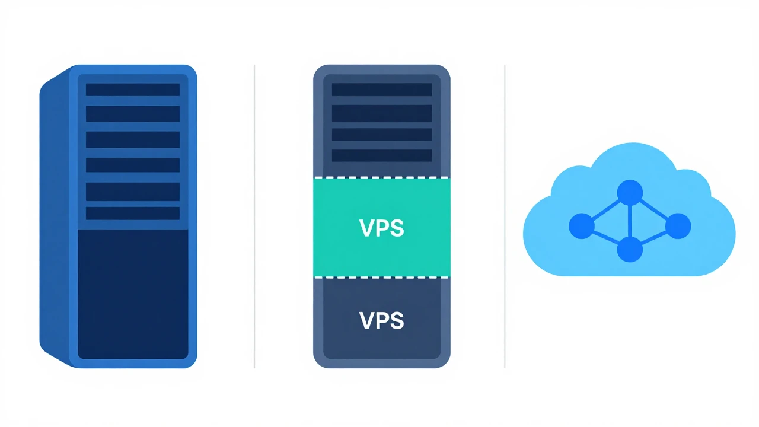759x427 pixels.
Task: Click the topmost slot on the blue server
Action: pos(133,90)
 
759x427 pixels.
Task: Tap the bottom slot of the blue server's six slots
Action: pos(133,213)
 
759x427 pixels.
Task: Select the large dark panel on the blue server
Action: pos(133,294)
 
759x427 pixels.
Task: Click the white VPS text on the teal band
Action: pos(381,228)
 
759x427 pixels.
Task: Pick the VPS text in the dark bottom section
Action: pos(381,320)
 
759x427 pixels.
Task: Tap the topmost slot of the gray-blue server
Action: pos(382,90)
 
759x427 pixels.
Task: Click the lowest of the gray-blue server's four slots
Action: pos(382,155)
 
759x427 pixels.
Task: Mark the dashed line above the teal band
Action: pos(382,177)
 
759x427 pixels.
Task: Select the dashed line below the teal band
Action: pos(382,278)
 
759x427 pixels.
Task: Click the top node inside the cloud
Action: pos(630,193)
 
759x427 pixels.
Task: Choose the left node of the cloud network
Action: pos(582,226)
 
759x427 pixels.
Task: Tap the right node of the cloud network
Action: pos(678,226)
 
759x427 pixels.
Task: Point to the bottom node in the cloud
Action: pos(630,250)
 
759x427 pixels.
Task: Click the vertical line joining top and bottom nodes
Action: pos(630,221)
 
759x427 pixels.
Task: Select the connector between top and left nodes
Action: pos(606,209)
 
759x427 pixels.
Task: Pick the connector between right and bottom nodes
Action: pos(654,238)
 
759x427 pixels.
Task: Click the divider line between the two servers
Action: pos(254,216)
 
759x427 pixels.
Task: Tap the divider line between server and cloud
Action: pos(505,216)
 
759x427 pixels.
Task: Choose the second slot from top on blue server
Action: pos(133,114)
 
